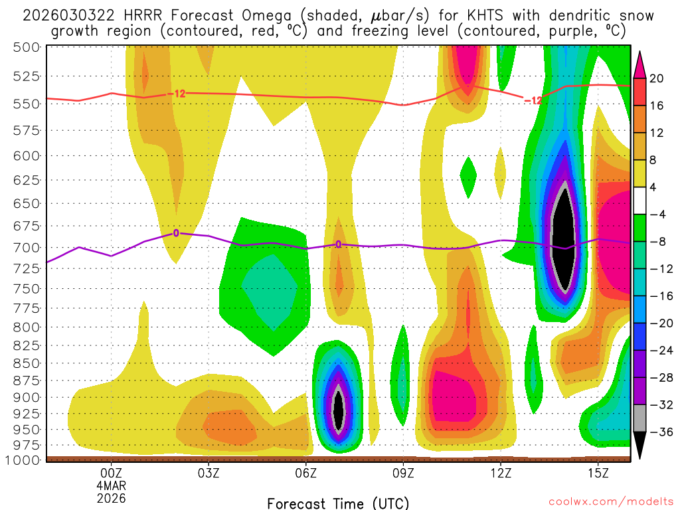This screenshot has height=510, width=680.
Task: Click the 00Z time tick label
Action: point(111,474)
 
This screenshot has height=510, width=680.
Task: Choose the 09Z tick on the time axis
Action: point(404,474)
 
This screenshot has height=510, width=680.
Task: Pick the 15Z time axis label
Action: point(598,474)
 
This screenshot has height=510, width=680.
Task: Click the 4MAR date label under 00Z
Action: point(111,486)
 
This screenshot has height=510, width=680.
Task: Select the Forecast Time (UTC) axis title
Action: point(338,503)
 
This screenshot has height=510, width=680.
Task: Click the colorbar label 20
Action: point(657,78)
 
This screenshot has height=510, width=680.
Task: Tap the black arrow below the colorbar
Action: point(640,446)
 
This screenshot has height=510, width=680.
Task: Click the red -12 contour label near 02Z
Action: point(175,94)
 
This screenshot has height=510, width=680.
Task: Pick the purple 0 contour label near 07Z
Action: point(338,244)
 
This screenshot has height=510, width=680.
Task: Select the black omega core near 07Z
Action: point(339,410)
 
